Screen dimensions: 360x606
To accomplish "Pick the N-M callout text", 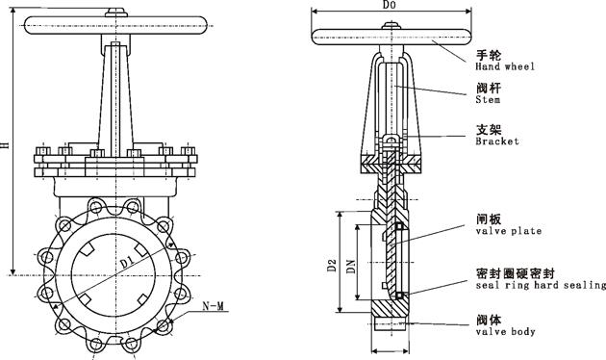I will [215, 306].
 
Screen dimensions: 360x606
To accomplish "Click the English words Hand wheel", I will [504, 66].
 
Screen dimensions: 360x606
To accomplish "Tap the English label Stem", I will [488, 97].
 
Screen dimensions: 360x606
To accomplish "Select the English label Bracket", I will [496, 141].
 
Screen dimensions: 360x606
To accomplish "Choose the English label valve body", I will [505, 331].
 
